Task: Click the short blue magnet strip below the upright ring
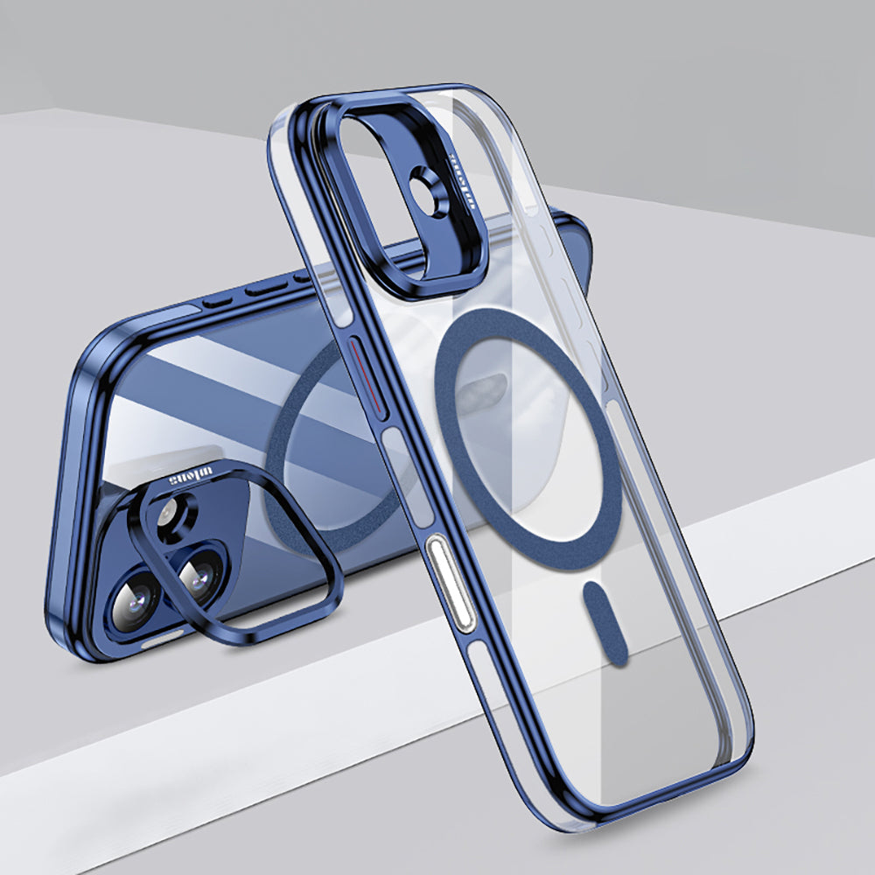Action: coord(605,621)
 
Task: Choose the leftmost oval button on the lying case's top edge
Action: coord(213,302)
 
